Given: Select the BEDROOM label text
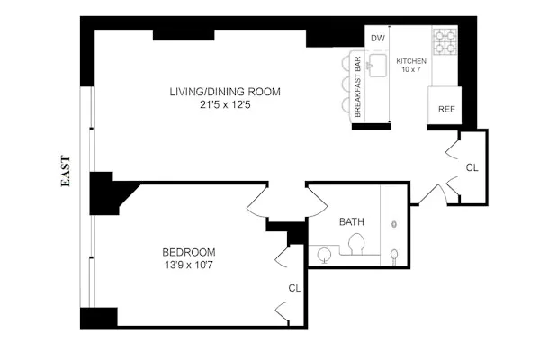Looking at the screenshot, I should click(188, 252).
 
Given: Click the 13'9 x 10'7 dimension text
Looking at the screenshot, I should click(188, 265).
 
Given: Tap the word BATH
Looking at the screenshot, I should click(351, 221).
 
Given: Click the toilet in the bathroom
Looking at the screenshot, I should click(356, 244).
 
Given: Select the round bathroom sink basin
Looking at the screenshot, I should click(324, 256).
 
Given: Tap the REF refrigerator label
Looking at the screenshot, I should click(445, 109).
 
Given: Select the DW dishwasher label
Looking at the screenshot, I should click(378, 38).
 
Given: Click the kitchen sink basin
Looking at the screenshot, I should click(378, 65).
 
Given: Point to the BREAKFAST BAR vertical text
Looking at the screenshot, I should click(357, 86).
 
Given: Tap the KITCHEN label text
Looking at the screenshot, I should click(411, 60).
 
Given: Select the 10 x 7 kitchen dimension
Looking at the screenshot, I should click(411, 69).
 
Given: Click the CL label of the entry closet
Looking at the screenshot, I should click(472, 167).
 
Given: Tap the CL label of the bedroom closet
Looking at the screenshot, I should click(293, 288).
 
